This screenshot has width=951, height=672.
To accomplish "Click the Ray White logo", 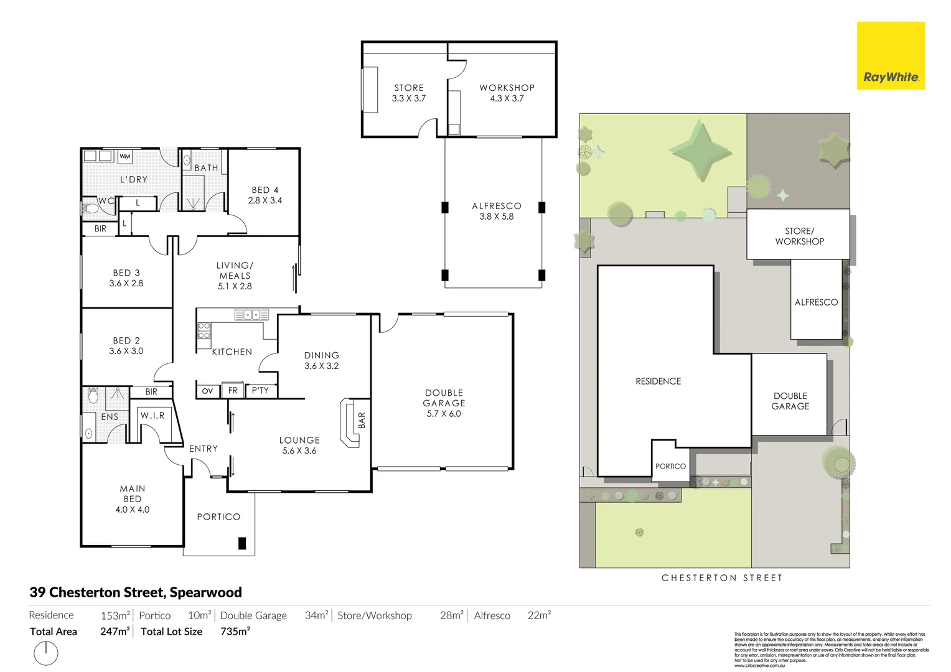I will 891,56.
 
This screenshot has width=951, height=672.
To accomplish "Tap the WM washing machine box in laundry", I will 125,156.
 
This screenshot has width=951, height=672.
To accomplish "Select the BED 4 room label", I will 265,195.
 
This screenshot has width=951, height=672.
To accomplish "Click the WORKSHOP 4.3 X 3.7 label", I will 507,93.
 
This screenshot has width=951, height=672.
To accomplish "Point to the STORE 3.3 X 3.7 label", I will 409,93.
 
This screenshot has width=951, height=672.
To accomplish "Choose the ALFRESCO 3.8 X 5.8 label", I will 496,211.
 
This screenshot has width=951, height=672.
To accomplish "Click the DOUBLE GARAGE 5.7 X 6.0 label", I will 444,403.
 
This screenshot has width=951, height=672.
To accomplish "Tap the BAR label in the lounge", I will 362,420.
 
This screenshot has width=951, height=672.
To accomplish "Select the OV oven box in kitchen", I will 207,391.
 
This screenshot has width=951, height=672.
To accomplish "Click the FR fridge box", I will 233,391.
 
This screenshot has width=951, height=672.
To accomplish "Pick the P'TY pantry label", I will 260,391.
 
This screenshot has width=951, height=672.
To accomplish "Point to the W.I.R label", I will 152,415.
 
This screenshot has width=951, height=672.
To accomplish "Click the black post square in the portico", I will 242,543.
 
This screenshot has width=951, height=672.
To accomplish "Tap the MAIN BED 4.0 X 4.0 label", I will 133,499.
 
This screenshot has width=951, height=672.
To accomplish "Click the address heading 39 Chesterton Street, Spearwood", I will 136,592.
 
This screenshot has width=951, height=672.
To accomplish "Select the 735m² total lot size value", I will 235,632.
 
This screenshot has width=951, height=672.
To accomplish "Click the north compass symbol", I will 46,653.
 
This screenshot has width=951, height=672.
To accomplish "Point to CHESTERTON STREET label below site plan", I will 722,578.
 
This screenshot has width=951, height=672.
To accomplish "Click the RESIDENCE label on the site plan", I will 658,381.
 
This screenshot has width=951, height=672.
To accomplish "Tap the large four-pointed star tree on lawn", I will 701,151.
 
